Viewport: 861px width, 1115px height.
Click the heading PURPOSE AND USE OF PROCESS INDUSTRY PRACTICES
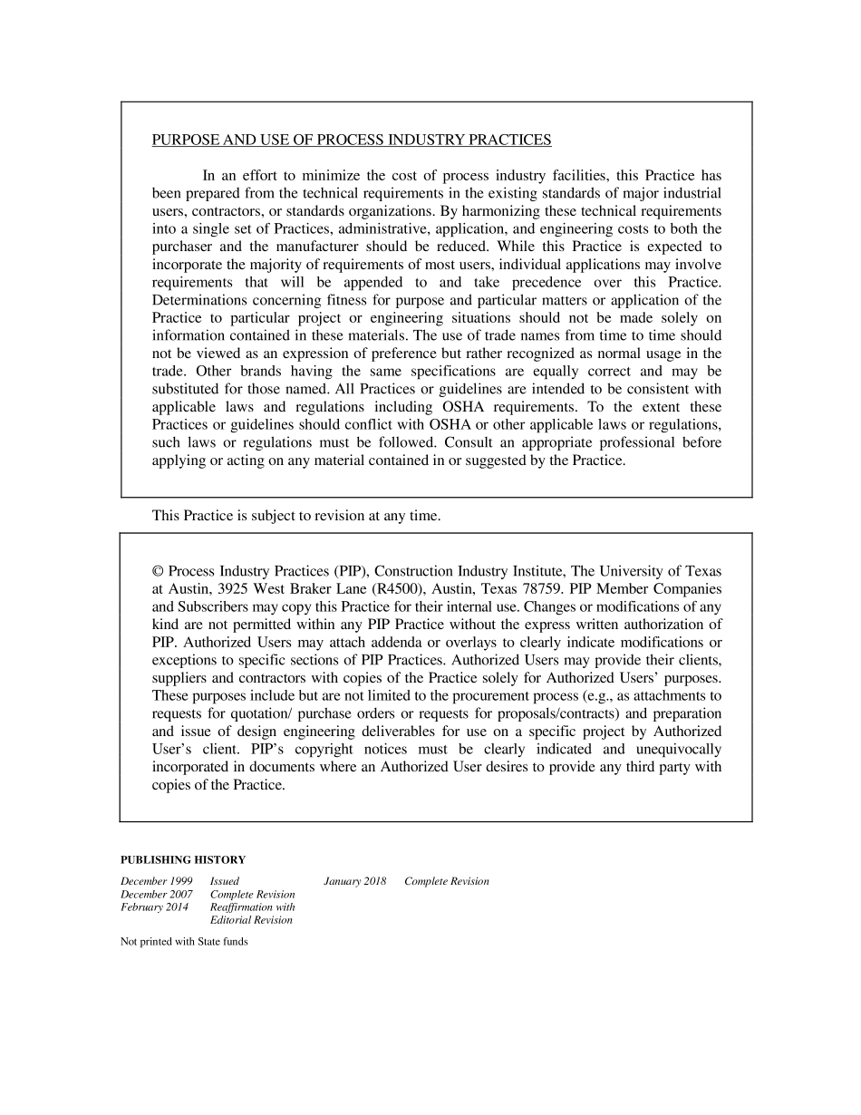tap(351, 140)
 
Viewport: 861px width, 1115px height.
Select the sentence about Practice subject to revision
tap(296, 516)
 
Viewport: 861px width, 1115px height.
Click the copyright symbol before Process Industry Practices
tap(158, 571)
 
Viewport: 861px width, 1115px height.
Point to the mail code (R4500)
tap(399, 589)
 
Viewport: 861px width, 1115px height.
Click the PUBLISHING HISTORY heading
tap(183, 859)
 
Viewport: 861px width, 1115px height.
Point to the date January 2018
tap(355, 881)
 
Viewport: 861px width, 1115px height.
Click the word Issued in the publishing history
tap(225, 881)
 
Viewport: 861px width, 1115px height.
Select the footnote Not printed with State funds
tap(184, 941)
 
